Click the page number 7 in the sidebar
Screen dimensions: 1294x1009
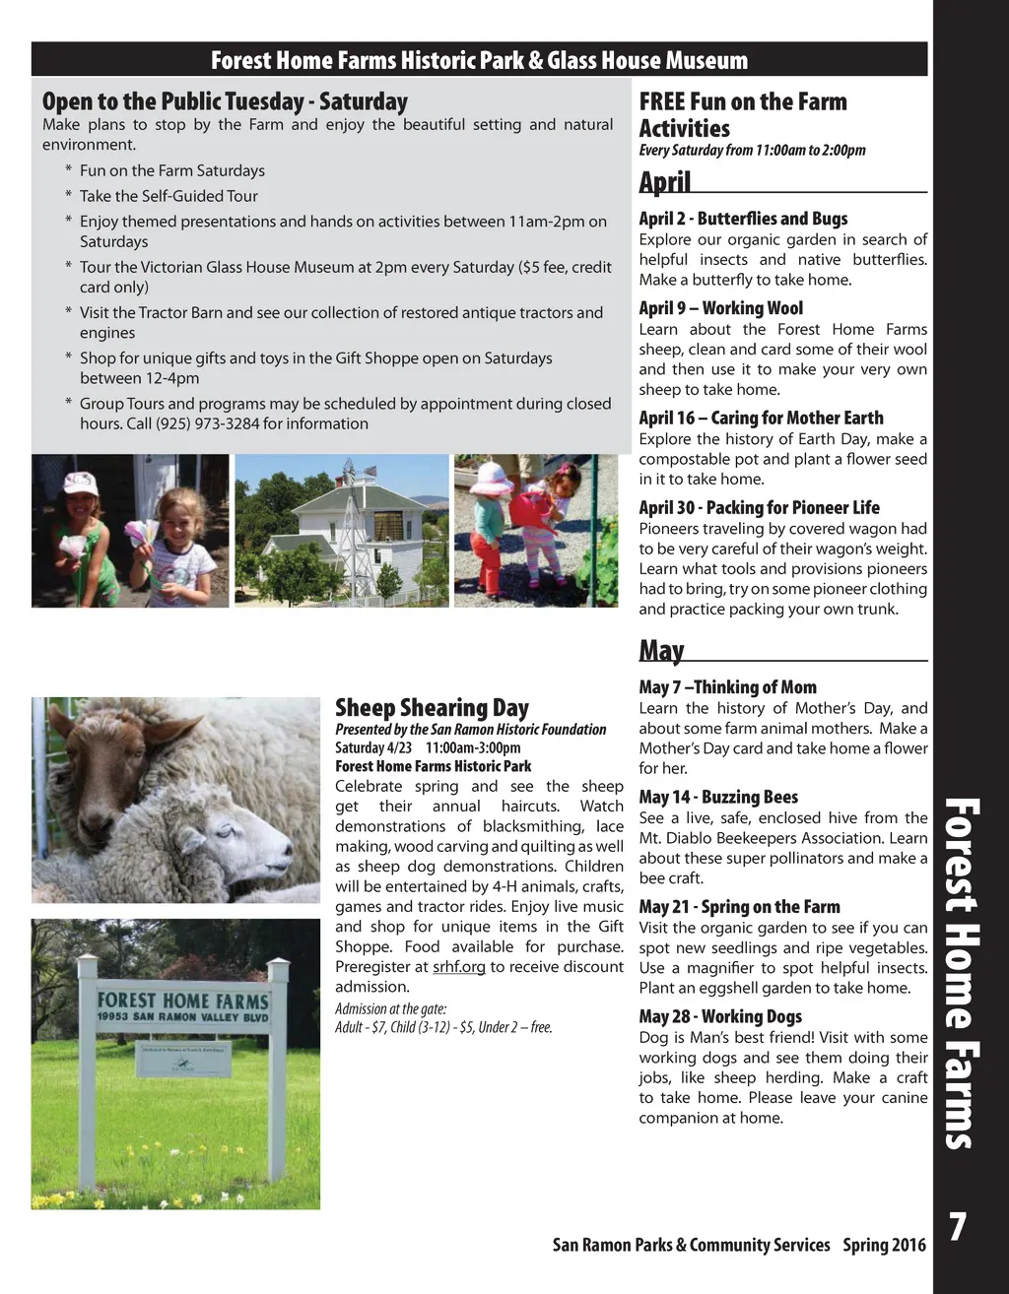(x=957, y=1227)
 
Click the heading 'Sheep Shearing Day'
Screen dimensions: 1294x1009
(x=432, y=708)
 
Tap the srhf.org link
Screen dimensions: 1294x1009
(x=459, y=967)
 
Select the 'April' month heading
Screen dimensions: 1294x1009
(x=665, y=182)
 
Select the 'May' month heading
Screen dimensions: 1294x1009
(x=661, y=651)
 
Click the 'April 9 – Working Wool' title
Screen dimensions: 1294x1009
(x=720, y=308)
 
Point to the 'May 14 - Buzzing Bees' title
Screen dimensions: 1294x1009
(x=718, y=797)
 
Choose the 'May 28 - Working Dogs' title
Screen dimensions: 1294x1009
(x=720, y=1016)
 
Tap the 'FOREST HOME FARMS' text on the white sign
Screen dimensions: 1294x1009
(x=182, y=1000)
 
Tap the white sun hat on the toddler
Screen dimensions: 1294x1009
(x=491, y=479)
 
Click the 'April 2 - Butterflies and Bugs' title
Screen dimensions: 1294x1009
(x=743, y=219)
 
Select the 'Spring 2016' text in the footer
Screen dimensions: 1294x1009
(x=884, y=1245)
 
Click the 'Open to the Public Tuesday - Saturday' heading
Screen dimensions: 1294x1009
(x=225, y=101)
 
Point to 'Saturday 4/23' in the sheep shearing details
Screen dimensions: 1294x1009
(x=373, y=747)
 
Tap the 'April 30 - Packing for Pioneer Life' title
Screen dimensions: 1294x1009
(x=759, y=507)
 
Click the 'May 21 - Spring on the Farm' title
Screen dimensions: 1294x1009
(x=739, y=907)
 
